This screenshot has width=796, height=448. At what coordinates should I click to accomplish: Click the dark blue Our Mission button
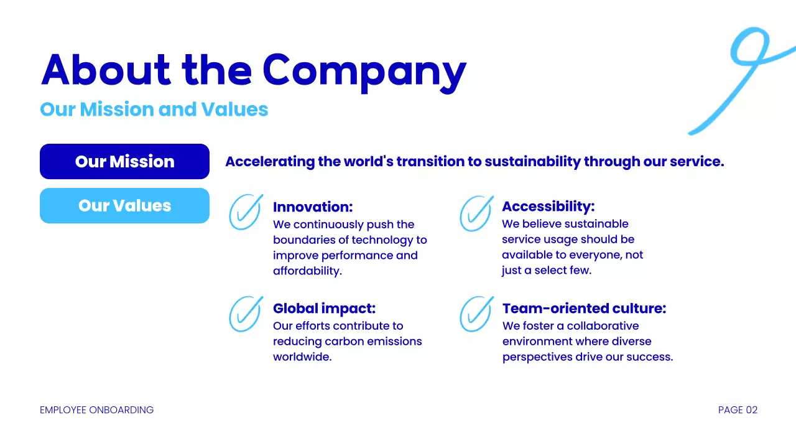124,162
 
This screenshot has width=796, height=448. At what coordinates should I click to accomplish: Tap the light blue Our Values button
124,206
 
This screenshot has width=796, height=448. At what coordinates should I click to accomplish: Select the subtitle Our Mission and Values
154,110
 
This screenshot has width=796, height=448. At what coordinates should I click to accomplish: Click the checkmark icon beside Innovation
245,212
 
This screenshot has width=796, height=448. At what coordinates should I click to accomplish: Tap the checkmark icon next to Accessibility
476,213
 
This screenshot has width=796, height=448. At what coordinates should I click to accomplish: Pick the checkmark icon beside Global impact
245,314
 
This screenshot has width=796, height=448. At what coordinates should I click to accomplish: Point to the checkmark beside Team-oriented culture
476,314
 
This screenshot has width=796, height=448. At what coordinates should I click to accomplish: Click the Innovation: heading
313,207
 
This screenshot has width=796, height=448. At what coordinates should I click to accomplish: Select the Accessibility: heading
548,207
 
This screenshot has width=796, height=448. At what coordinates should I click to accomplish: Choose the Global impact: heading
324,309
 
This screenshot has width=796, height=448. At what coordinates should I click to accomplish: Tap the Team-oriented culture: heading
584,309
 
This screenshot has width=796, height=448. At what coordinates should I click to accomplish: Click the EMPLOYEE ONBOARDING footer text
96,410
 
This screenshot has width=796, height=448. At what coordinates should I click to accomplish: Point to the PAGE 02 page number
738,410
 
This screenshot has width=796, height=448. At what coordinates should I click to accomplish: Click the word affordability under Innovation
307,271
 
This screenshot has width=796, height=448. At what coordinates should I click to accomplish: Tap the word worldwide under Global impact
302,357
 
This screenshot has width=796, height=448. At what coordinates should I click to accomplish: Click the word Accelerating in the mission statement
270,162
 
